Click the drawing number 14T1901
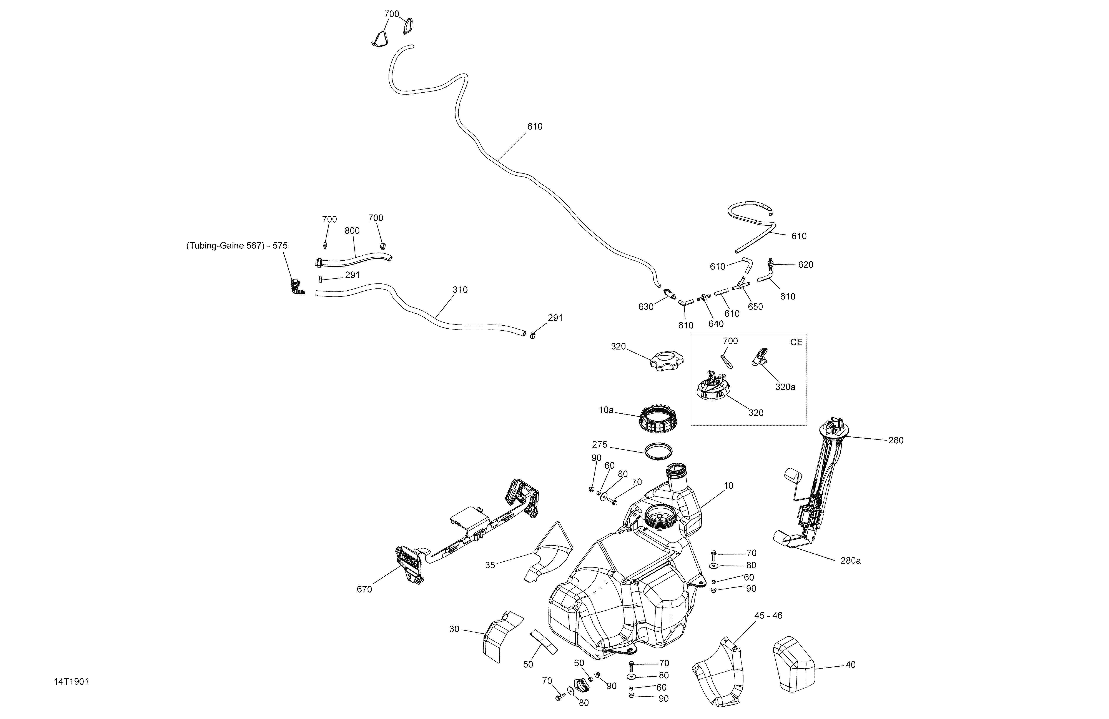[x=71, y=682]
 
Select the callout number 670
[x=364, y=589]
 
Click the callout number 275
[x=600, y=445]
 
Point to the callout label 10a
[x=606, y=410]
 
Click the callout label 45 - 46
[x=768, y=616]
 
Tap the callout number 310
[x=460, y=290]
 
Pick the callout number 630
[x=646, y=307]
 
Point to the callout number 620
[x=806, y=265]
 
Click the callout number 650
[x=755, y=307]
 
